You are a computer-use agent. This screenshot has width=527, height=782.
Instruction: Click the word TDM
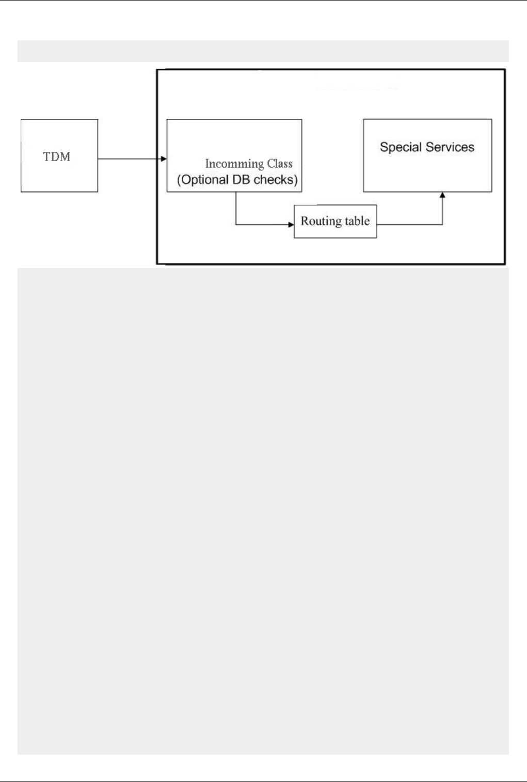click(56, 157)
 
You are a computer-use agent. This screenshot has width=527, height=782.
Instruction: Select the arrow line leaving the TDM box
click(129, 159)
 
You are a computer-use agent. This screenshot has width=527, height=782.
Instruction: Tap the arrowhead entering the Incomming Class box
click(164, 159)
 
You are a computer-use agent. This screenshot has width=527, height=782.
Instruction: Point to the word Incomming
click(234, 164)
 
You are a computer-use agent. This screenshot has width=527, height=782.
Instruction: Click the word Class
click(280, 164)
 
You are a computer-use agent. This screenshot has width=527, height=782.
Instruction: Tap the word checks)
click(276, 180)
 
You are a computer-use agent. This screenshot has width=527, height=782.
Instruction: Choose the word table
click(357, 221)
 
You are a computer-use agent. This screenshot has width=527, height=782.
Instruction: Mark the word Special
click(401, 147)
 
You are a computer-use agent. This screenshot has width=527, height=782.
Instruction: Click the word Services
click(450, 147)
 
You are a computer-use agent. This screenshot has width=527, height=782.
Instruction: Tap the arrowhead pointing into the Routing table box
click(291, 225)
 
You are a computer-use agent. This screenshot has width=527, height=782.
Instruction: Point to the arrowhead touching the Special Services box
click(442, 195)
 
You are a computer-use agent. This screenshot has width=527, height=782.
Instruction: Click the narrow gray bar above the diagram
click(263, 51)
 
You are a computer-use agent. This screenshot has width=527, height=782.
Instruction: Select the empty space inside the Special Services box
click(427, 173)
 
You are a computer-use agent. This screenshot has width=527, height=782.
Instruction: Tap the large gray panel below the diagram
click(263, 511)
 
